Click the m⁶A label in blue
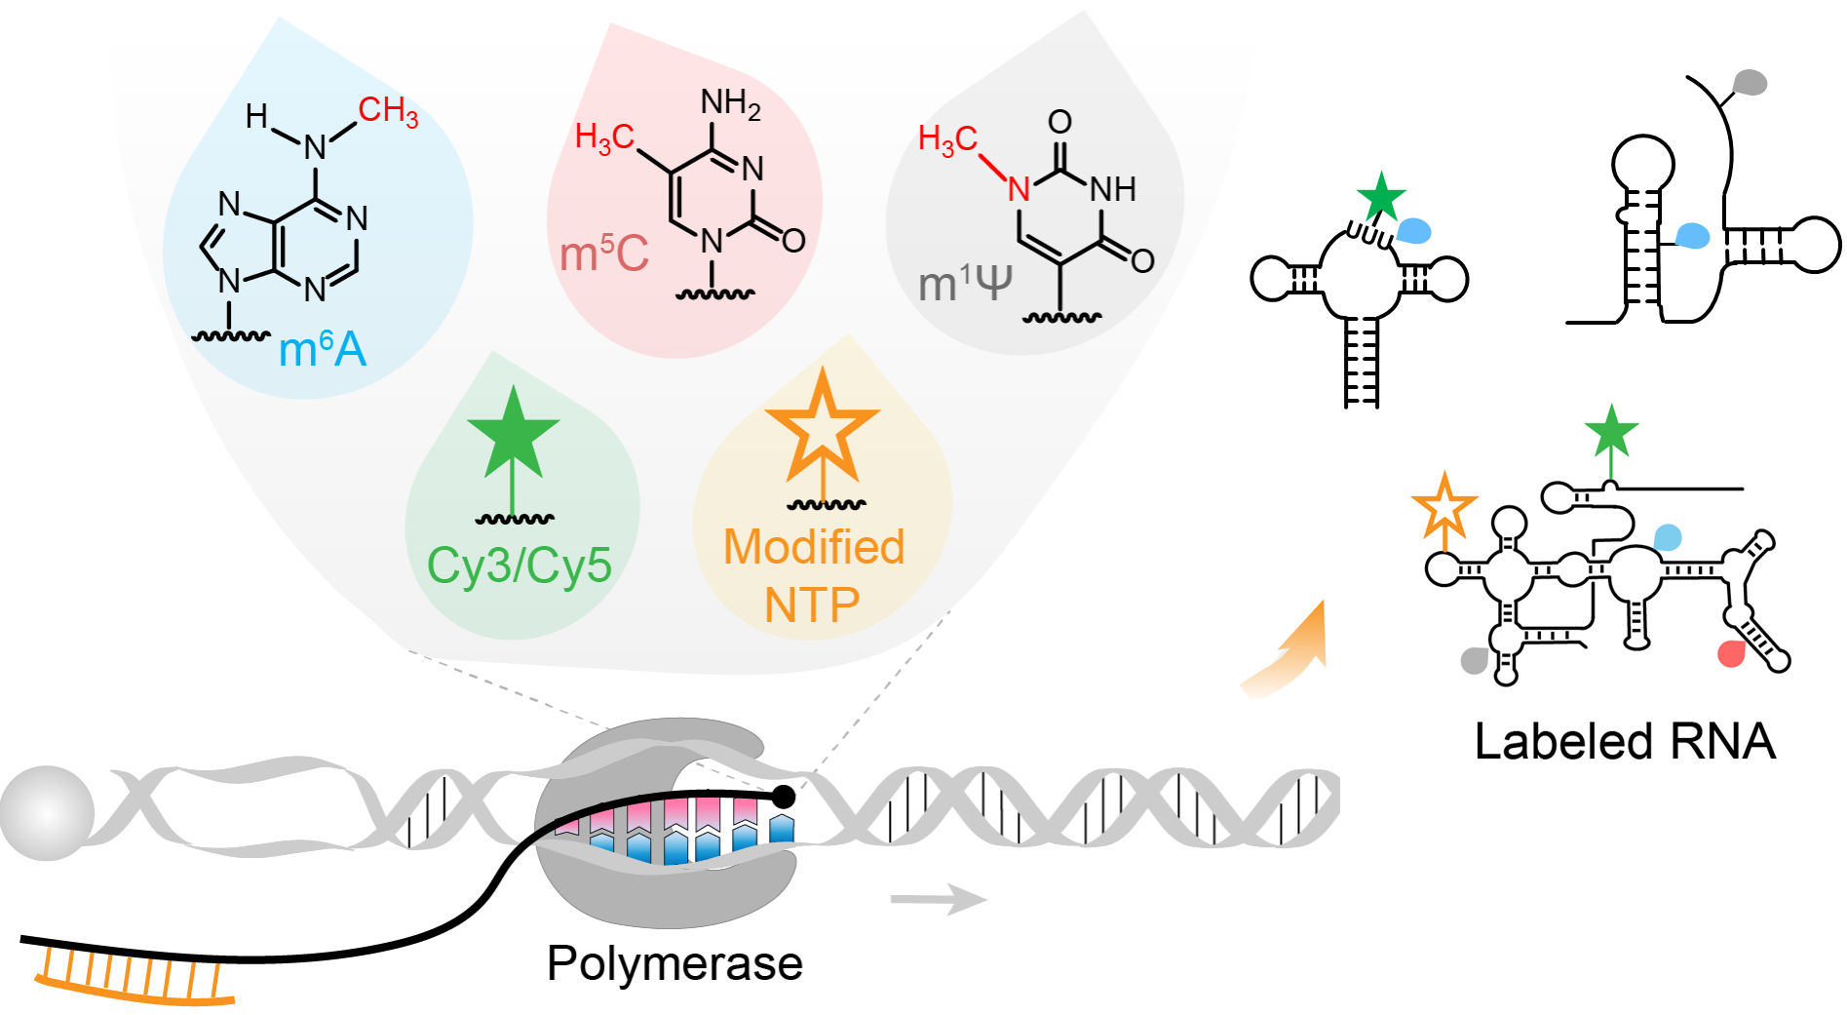click(x=323, y=349)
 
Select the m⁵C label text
click(x=604, y=254)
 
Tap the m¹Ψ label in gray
click(x=965, y=284)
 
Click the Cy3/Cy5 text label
click(x=519, y=565)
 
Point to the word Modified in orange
click(x=814, y=547)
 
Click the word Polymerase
click(x=674, y=963)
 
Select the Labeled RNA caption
click(x=1625, y=741)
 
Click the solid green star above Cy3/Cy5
click(x=513, y=432)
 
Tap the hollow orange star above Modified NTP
click(x=823, y=426)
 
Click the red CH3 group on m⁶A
click(x=388, y=110)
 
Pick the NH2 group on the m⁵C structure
click(x=730, y=102)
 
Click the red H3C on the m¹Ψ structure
click(x=947, y=139)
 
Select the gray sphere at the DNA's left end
click(x=47, y=812)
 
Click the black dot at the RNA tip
click(x=783, y=797)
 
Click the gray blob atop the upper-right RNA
click(x=1751, y=82)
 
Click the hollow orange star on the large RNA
click(x=1444, y=505)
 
